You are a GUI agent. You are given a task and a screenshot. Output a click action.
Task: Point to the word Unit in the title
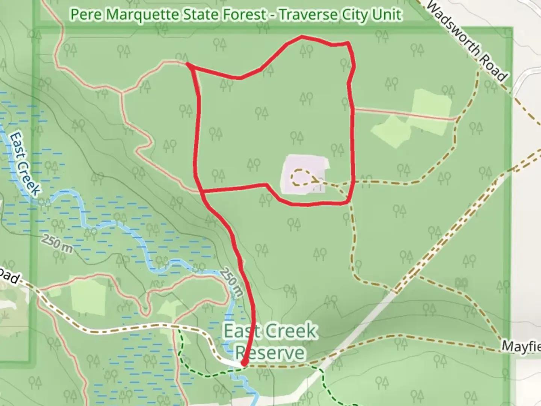(388, 15)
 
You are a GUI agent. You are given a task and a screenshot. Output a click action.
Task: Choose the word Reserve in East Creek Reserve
(269, 353)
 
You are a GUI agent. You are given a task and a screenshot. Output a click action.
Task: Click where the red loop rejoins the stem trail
(202, 191)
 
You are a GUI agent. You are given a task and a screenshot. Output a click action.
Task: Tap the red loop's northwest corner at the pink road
(188, 65)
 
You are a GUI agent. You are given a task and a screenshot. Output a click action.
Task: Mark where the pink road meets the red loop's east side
(352, 109)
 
